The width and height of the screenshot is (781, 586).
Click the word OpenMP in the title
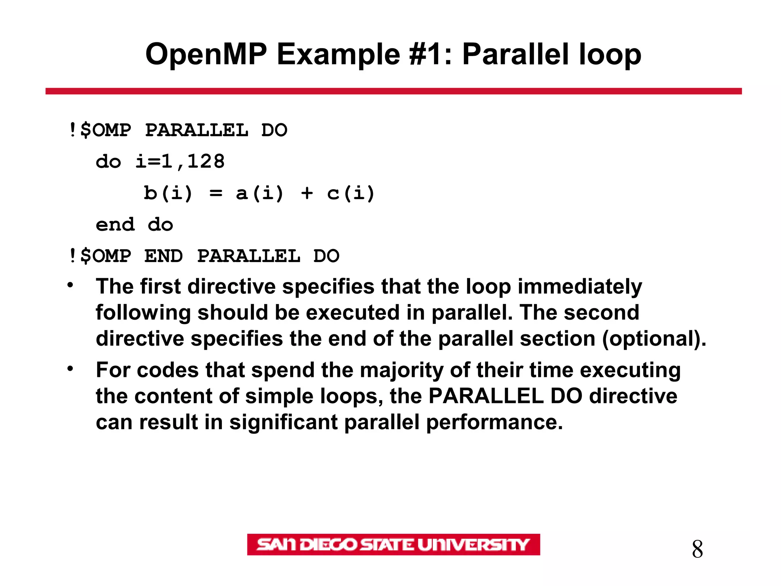click(206, 55)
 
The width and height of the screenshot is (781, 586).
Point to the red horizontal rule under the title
click(393, 91)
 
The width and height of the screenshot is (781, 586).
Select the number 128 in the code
click(206, 162)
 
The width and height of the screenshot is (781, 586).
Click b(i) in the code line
click(168, 193)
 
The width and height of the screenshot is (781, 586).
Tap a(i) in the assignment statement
click(260, 193)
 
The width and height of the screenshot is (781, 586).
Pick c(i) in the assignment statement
click(351, 193)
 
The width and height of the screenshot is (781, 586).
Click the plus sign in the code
click(307, 193)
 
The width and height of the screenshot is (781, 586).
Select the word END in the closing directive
click(164, 256)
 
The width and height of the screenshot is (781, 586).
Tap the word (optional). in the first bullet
click(654, 339)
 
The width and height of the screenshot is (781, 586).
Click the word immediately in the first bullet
click(580, 287)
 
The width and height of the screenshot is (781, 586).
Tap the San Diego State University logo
click(393, 544)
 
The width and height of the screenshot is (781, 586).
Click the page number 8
click(697, 549)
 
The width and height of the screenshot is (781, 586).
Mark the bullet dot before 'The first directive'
click(70, 285)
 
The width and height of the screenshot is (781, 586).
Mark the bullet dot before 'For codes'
click(70, 369)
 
